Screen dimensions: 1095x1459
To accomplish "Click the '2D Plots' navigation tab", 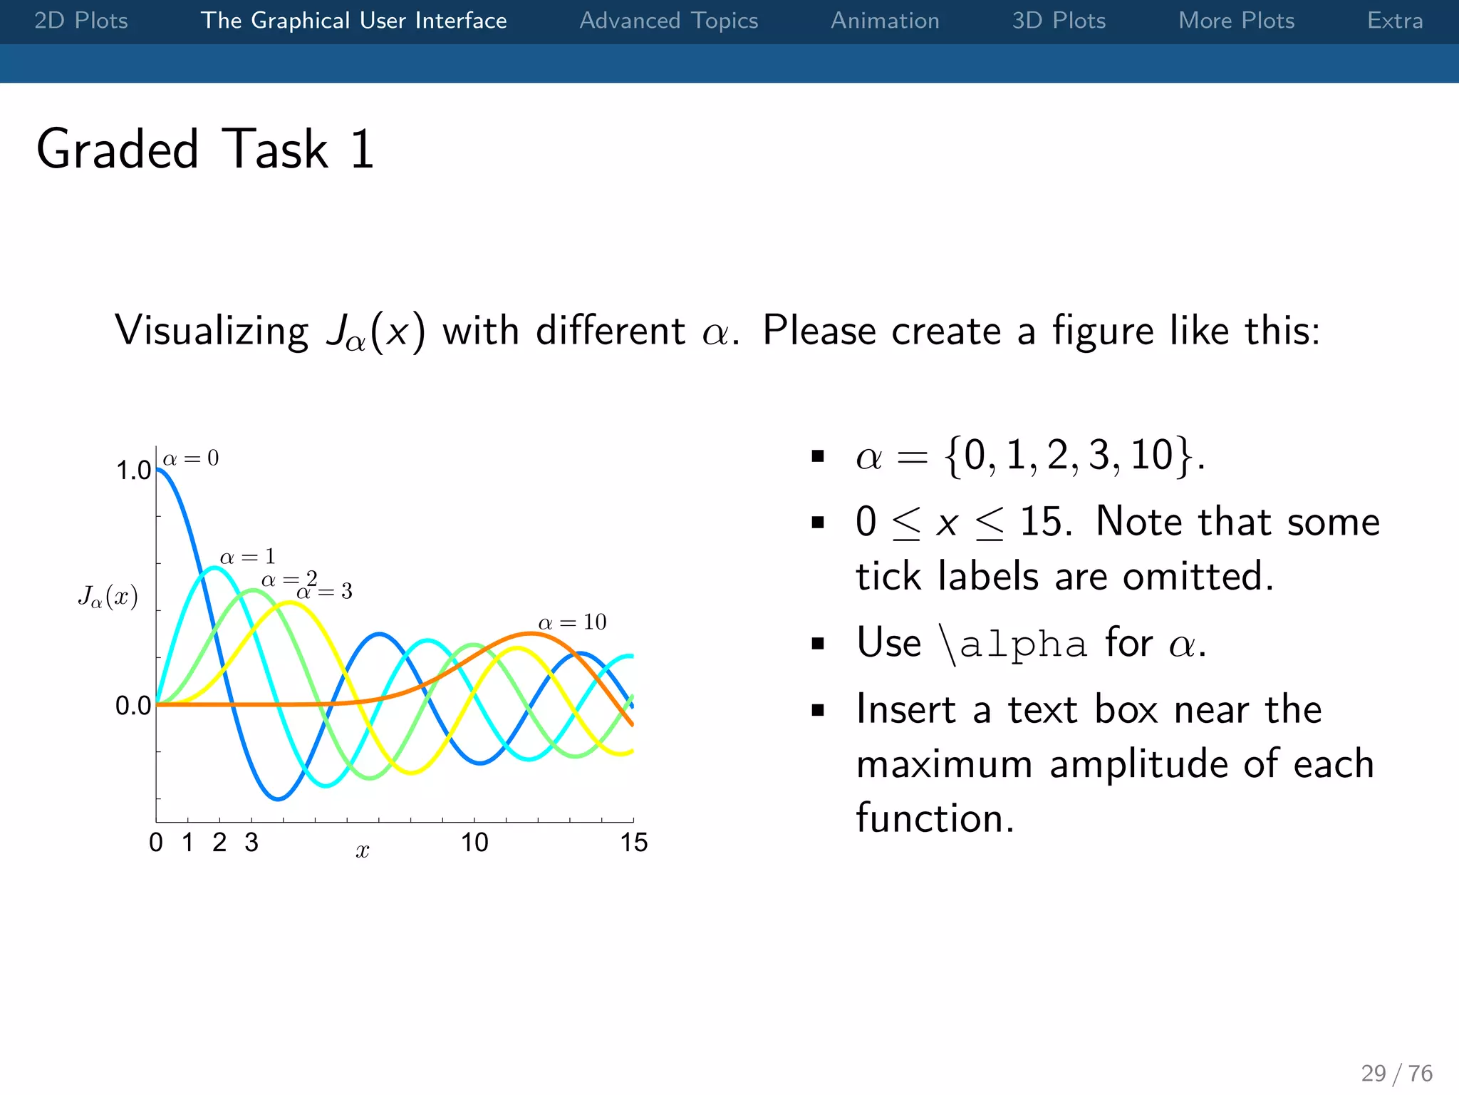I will click(x=81, y=21).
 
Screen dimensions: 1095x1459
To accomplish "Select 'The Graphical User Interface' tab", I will click(x=353, y=21).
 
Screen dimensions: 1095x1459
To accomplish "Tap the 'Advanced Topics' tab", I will click(x=668, y=21).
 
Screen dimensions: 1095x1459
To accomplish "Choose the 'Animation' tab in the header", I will click(x=885, y=21).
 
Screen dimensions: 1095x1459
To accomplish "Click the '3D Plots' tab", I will click(x=1059, y=21).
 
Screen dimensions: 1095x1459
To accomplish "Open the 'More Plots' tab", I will click(x=1236, y=21).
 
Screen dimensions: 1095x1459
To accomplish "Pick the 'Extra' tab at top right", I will click(x=1394, y=21).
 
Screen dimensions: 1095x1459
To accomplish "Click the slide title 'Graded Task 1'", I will click(x=205, y=149).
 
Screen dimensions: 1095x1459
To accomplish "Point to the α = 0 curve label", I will click(x=191, y=458).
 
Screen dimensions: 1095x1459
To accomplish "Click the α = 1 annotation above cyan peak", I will click(x=247, y=557).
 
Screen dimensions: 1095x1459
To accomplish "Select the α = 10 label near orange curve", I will click(x=572, y=622).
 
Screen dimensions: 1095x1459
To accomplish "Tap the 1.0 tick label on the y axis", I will click(x=133, y=471).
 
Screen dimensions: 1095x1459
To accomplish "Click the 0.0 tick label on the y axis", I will click(x=133, y=706).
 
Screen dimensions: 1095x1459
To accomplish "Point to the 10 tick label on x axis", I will click(x=474, y=843).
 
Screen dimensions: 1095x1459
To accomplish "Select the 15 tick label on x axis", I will click(x=633, y=843).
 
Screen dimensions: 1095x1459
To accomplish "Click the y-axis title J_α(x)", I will click(x=108, y=596).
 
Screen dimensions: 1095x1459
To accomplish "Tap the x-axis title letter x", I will click(x=362, y=850).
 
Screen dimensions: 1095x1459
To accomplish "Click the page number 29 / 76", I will click(x=1396, y=1073).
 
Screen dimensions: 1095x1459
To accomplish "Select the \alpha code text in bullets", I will click(x=1012, y=644).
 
